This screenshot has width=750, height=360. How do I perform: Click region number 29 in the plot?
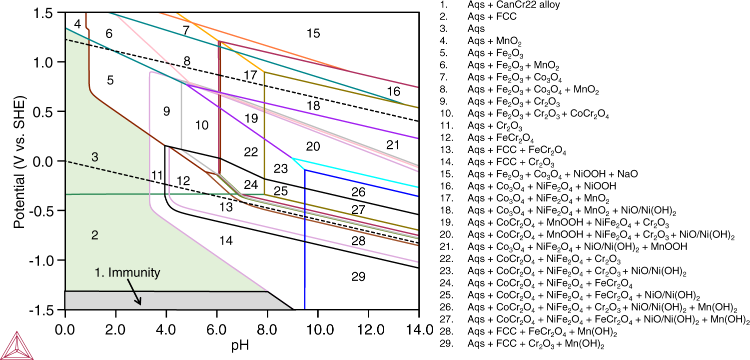tap(358, 276)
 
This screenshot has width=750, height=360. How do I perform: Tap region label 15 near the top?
tap(313, 33)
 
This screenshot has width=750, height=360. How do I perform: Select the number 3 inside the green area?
tap(94, 157)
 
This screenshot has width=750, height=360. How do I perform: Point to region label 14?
tap(226, 240)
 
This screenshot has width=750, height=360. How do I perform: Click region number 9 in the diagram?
tap(166, 111)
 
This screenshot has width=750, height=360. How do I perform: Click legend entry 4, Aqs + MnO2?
tap(493, 41)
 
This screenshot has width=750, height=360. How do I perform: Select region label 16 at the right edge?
tap(393, 91)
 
